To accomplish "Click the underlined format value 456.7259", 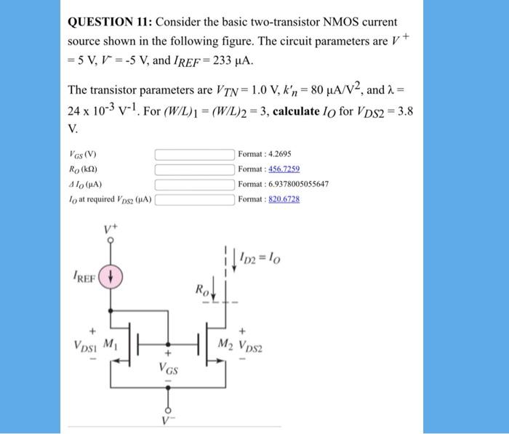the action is [284, 169].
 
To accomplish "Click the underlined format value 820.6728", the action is [284, 198].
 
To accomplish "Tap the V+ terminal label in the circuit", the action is [111, 228].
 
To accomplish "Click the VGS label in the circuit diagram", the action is [168, 368].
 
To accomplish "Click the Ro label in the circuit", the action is [199, 289].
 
